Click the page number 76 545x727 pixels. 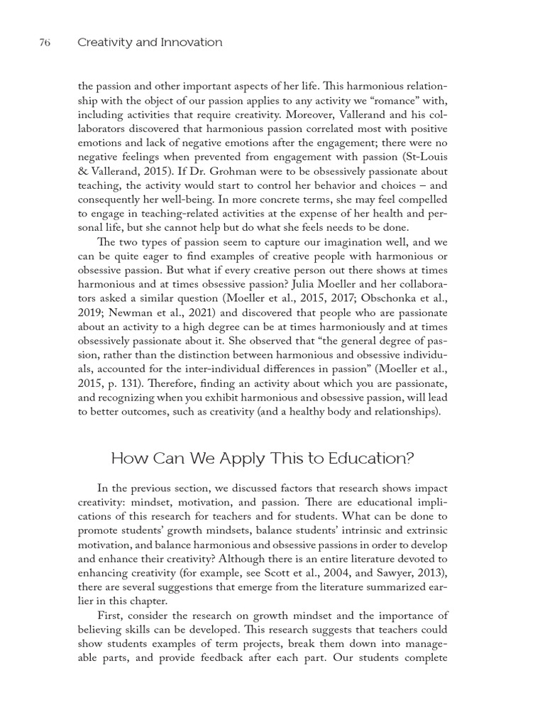point(44,43)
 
